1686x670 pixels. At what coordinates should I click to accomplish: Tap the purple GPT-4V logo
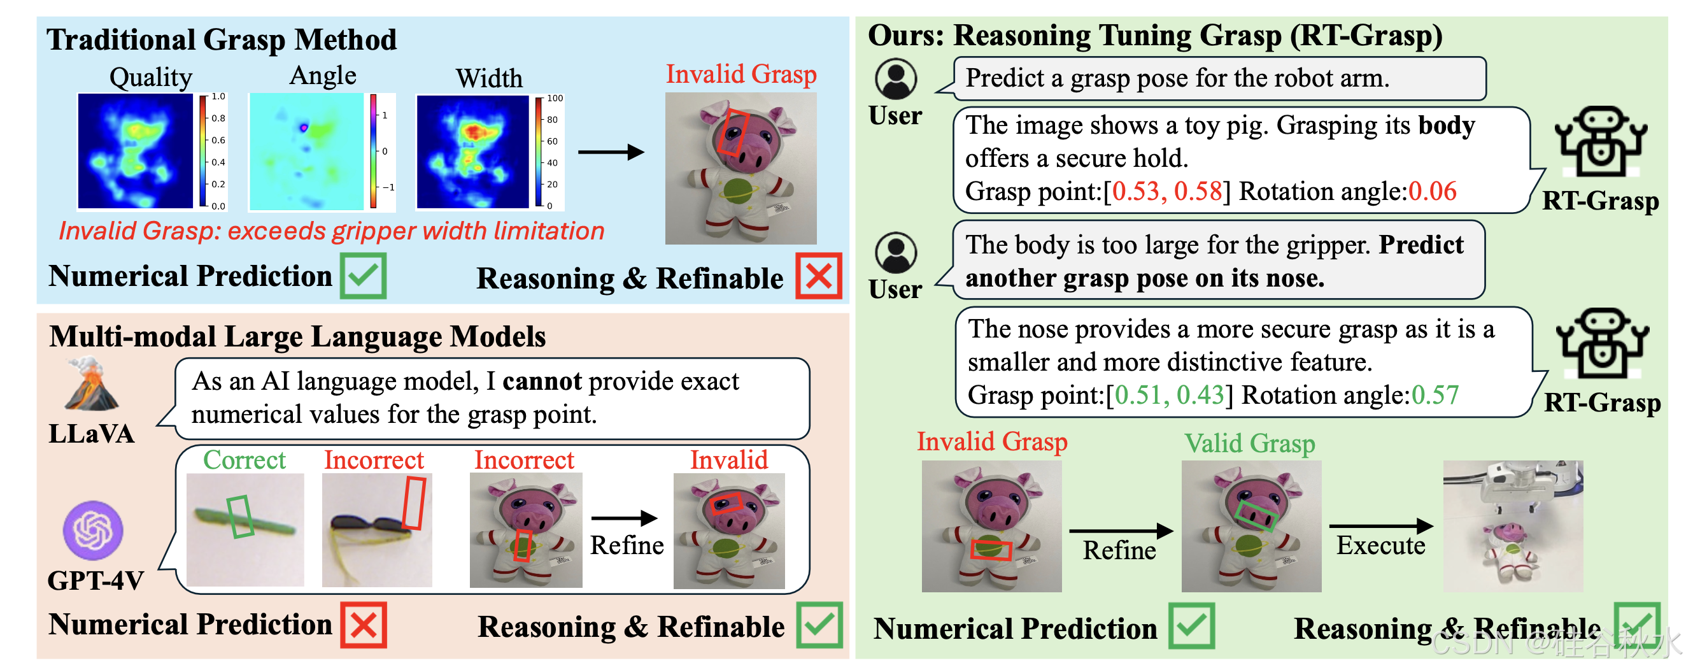click(x=92, y=530)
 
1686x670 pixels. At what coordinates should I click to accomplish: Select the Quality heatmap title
click(x=150, y=77)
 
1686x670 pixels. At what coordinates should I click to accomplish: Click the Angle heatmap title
click(x=323, y=75)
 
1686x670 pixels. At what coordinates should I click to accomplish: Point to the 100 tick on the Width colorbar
click(x=555, y=98)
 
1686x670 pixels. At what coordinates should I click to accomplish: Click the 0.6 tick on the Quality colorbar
click(x=218, y=140)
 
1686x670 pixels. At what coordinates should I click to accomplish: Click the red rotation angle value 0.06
click(x=1432, y=191)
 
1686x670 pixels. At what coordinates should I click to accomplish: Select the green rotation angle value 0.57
click(x=1435, y=395)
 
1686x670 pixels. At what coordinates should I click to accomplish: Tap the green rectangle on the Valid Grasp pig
click(x=1256, y=515)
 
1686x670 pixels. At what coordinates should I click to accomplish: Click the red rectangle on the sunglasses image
click(x=414, y=502)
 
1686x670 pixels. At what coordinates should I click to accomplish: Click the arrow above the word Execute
click(x=1381, y=525)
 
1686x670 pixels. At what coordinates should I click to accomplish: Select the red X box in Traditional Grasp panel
click(x=818, y=276)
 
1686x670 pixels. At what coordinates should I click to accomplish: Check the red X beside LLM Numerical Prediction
click(x=364, y=625)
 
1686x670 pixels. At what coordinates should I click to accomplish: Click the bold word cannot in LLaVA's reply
click(x=542, y=381)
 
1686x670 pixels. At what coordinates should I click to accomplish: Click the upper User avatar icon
click(x=895, y=78)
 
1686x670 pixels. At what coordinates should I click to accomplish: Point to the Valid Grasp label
click(x=1249, y=443)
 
